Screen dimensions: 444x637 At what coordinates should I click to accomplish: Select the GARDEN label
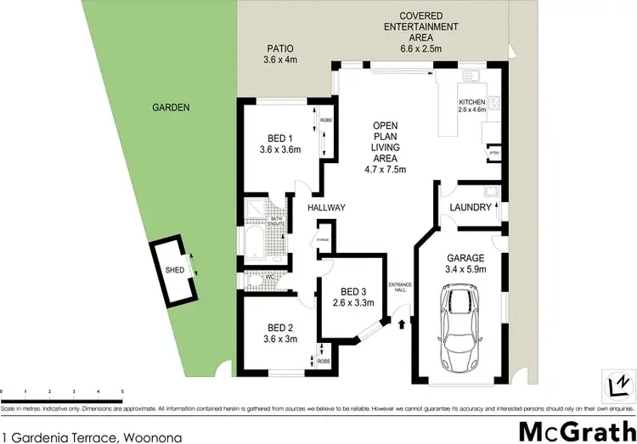tap(171, 108)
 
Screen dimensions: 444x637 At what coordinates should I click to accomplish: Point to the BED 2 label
tap(279, 329)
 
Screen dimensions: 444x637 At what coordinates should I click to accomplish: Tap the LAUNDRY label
tap(471, 207)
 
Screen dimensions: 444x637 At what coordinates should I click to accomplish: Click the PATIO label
tap(279, 50)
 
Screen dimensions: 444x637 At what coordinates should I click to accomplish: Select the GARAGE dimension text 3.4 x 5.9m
tap(465, 270)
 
